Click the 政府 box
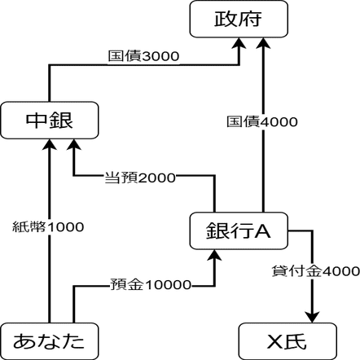point(239,19)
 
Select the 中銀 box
point(50,121)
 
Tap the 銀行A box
point(239,230)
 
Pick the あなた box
point(50,341)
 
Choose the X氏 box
point(288,341)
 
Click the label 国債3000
point(143,56)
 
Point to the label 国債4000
point(262,121)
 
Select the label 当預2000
point(140,178)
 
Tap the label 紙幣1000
point(48,226)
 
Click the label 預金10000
point(151,284)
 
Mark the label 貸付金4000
point(316,271)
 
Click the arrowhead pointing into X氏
point(312,317)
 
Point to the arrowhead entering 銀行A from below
point(214,256)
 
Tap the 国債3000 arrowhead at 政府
point(239,43)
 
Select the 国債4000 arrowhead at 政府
point(263,43)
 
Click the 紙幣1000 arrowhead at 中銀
point(50,145)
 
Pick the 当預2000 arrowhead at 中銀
point(74,145)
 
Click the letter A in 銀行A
point(262,231)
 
